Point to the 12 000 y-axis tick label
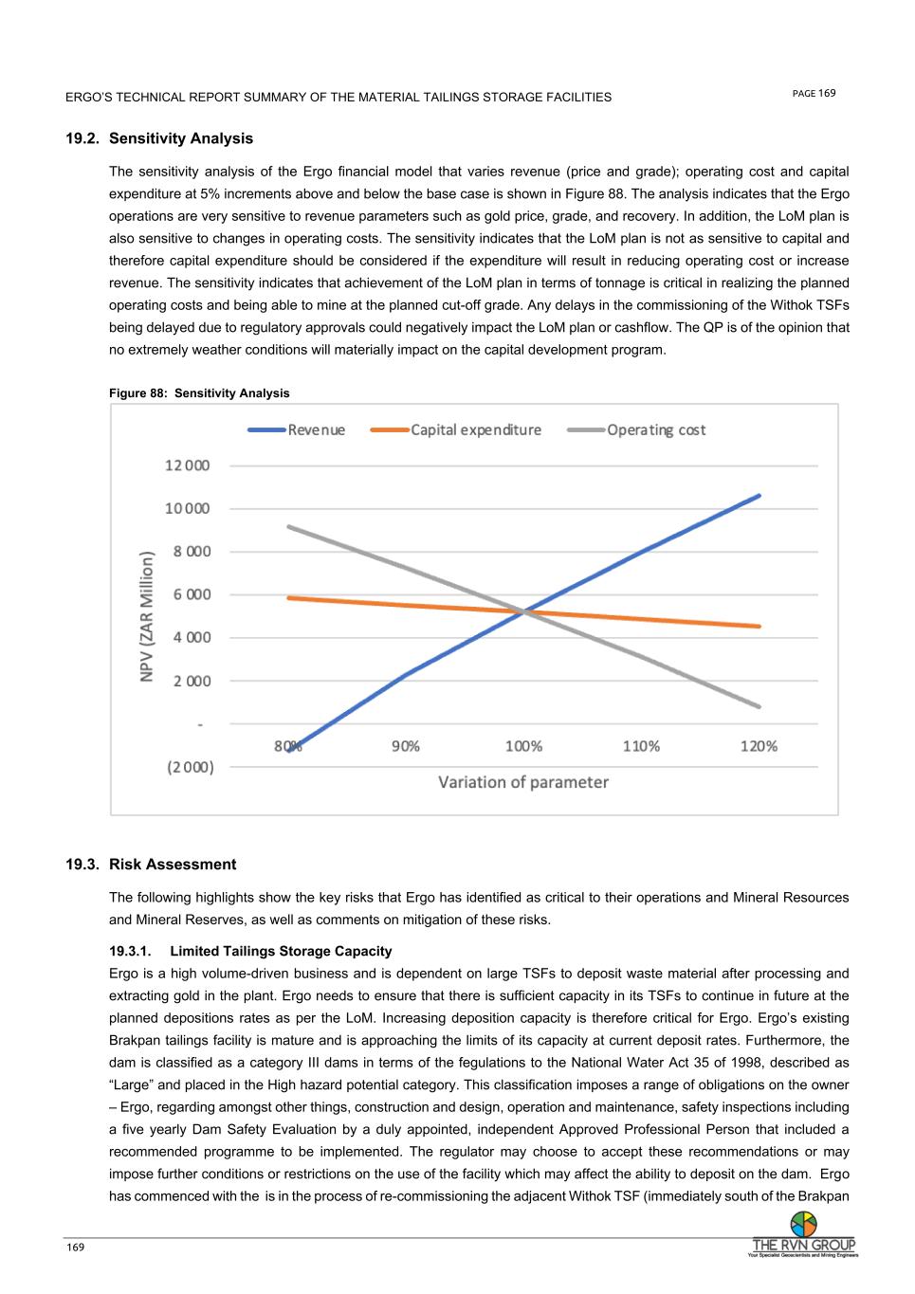(188, 465)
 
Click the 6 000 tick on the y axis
(192, 594)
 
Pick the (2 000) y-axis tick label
(191, 767)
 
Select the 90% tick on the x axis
(406, 746)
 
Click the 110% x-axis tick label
(641, 746)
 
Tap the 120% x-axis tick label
(759, 746)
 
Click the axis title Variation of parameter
(523, 782)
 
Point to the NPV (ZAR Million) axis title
(147, 616)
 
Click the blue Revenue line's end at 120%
(759, 495)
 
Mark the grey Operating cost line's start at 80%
(288, 526)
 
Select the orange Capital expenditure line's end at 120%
(759, 626)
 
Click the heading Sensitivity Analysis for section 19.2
(181, 138)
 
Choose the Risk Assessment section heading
(173, 865)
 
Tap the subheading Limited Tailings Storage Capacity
(281, 951)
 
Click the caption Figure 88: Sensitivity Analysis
(199, 393)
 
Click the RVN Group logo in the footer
(803, 1236)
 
